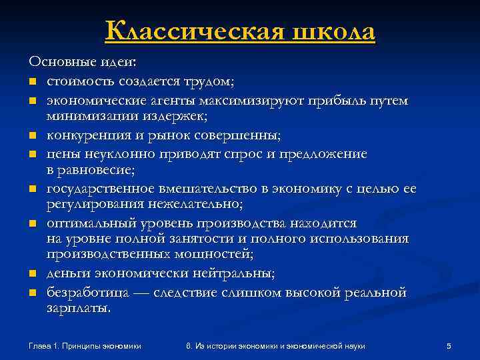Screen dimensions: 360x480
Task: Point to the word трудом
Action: pyautogui.click(x=209, y=82)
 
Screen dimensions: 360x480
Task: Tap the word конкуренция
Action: pyautogui.click(x=85, y=135)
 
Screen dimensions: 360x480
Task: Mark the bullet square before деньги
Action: pyautogui.click(x=31, y=274)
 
